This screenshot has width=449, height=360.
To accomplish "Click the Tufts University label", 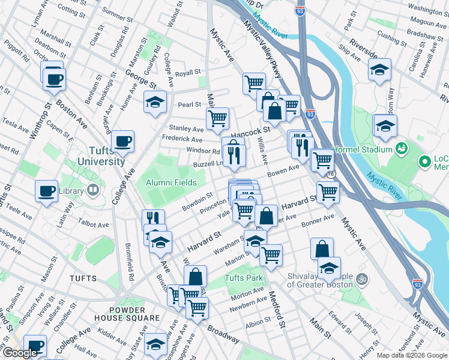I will [100, 155].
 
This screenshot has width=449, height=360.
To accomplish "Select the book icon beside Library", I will [92, 191].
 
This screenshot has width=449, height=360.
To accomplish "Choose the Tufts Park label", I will [244, 278].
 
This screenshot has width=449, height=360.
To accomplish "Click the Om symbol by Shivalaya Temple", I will [361, 278].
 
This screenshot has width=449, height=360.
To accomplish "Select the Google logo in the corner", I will [20, 353].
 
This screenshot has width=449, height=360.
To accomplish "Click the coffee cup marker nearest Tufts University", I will [123, 142].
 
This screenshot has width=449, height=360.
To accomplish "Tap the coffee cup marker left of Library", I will [46, 191].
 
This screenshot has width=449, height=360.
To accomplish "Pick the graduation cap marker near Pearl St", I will [155, 102].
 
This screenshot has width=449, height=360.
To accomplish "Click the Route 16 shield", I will [331, 173].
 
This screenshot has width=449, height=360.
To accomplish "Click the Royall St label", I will [188, 73].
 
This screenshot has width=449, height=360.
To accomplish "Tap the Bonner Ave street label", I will [318, 220].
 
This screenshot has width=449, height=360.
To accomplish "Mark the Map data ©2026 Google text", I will [411, 355].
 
